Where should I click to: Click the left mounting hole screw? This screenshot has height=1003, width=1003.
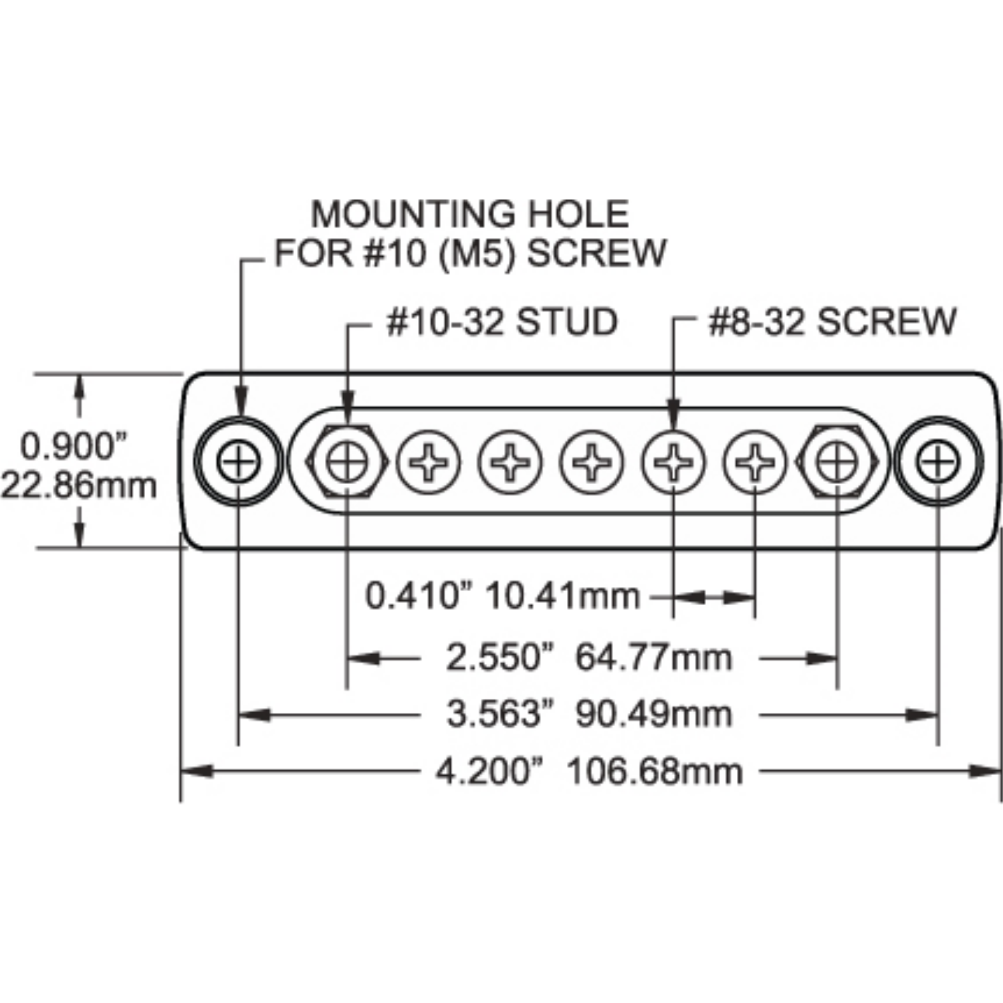(238, 461)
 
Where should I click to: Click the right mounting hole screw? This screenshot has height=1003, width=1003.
(938, 461)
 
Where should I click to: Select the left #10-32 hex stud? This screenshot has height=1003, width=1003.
(347, 461)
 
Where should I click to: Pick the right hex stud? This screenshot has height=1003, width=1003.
(836, 461)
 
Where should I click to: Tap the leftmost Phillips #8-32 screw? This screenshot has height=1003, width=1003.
(429, 462)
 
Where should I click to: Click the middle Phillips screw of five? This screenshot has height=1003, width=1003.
(592, 462)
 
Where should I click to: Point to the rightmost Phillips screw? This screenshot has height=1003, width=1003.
(755, 462)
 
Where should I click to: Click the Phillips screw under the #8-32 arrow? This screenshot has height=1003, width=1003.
(673, 462)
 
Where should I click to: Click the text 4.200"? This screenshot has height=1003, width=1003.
(487, 772)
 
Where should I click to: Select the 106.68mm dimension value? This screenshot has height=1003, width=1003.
(655, 772)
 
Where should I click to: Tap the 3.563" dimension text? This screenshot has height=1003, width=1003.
(502, 714)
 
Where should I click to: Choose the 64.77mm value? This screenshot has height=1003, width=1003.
(653, 657)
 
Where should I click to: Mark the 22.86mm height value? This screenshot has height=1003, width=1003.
(78, 485)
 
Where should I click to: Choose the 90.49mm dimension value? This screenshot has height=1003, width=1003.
(653, 714)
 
